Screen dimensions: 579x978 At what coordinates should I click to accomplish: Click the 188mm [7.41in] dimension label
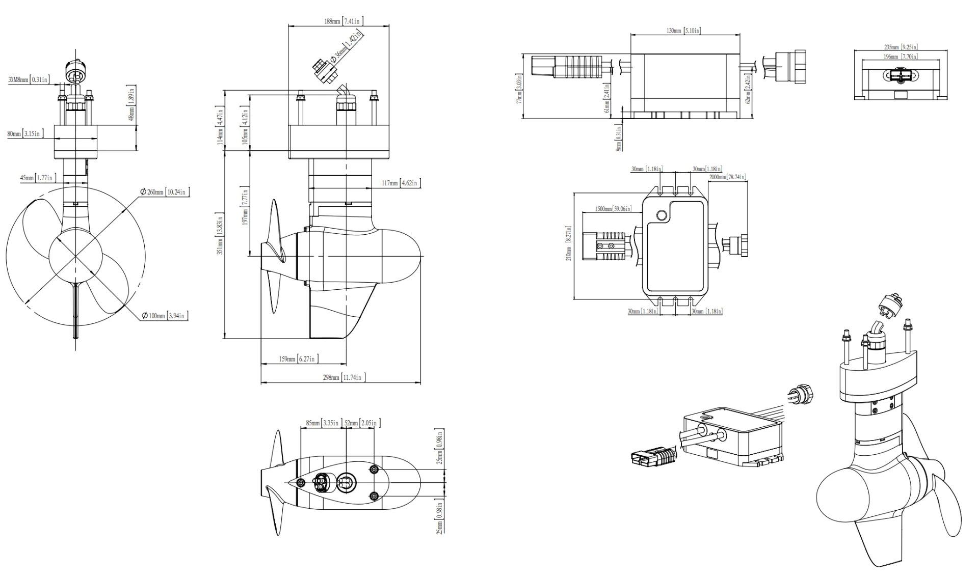(x=343, y=21)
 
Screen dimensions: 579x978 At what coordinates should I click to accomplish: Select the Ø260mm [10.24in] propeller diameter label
(x=165, y=192)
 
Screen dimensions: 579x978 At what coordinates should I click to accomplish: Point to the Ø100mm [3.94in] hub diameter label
(x=165, y=316)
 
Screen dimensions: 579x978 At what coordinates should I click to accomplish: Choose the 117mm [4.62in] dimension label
(x=400, y=183)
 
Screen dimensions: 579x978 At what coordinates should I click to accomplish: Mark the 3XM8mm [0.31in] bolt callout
(x=29, y=79)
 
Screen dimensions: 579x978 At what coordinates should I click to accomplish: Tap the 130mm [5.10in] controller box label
(x=683, y=31)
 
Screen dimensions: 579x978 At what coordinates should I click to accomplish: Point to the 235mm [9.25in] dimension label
(x=901, y=47)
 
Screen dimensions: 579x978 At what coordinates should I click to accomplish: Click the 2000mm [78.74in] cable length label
(x=727, y=177)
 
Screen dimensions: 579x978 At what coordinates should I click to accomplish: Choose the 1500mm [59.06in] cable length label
(x=613, y=209)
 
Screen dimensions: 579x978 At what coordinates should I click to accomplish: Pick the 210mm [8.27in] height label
(x=569, y=243)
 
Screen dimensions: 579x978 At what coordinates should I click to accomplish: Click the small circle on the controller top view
(x=662, y=215)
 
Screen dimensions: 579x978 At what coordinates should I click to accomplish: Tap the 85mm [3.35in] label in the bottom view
(x=322, y=423)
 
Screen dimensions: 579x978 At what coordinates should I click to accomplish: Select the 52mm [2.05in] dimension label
(x=361, y=423)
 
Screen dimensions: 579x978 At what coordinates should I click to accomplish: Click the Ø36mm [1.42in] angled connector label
(x=347, y=46)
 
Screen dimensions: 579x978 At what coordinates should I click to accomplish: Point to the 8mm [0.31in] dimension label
(x=619, y=139)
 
